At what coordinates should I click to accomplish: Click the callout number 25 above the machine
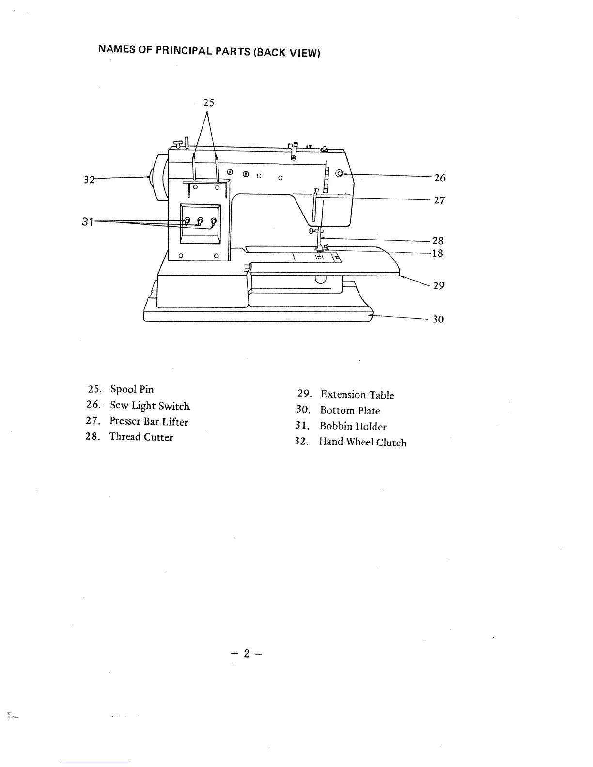point(208,103)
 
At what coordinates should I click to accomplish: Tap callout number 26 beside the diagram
point(439,178)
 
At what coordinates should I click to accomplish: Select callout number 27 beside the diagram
point(439,200)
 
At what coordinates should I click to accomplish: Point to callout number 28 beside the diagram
point(438,241)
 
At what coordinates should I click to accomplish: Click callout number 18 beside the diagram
point(437,253)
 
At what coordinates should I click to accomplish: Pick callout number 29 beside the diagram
point(438,285)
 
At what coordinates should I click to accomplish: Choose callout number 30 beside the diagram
point(438,319)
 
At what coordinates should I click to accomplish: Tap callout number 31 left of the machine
point(87,222)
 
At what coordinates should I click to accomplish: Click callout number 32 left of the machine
point(89,180)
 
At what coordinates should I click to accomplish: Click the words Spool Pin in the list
point(132,389)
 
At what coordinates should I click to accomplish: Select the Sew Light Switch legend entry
point(150,406)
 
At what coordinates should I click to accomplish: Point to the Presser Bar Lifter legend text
point(149,422)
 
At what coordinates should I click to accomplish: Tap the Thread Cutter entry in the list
point(141,437)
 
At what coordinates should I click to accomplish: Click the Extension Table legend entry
point(357,395)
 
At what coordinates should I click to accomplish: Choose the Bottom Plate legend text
point(350,411)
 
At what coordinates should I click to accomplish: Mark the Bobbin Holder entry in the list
point(353,427)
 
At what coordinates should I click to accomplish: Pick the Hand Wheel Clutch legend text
point(362,442)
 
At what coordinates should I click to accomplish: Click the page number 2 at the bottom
point(246,654)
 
